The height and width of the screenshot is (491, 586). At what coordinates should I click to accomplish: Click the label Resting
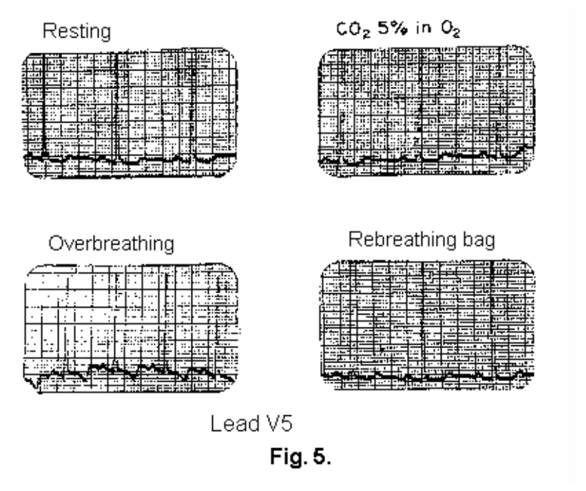76,31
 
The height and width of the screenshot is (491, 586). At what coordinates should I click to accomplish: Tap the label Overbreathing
112,244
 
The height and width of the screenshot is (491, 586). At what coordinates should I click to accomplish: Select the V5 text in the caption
276,425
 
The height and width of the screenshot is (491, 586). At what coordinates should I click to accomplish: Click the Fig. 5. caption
297,457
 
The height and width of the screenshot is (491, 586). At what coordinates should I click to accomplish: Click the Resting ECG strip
130,113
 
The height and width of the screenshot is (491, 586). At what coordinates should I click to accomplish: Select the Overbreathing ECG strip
131,328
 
